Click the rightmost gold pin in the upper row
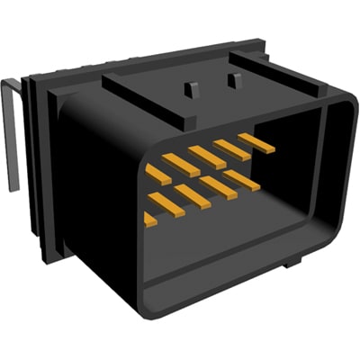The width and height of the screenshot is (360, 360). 255,141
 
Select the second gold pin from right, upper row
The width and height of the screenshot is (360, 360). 231,148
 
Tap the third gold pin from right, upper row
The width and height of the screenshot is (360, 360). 207,157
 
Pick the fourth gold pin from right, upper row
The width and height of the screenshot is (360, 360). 181,165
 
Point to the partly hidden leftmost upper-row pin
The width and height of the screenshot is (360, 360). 157,173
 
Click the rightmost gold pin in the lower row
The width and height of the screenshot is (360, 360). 242,180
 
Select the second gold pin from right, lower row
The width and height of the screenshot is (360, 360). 218,187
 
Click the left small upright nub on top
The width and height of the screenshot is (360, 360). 190,89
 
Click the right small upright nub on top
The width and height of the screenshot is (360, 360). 235,81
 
